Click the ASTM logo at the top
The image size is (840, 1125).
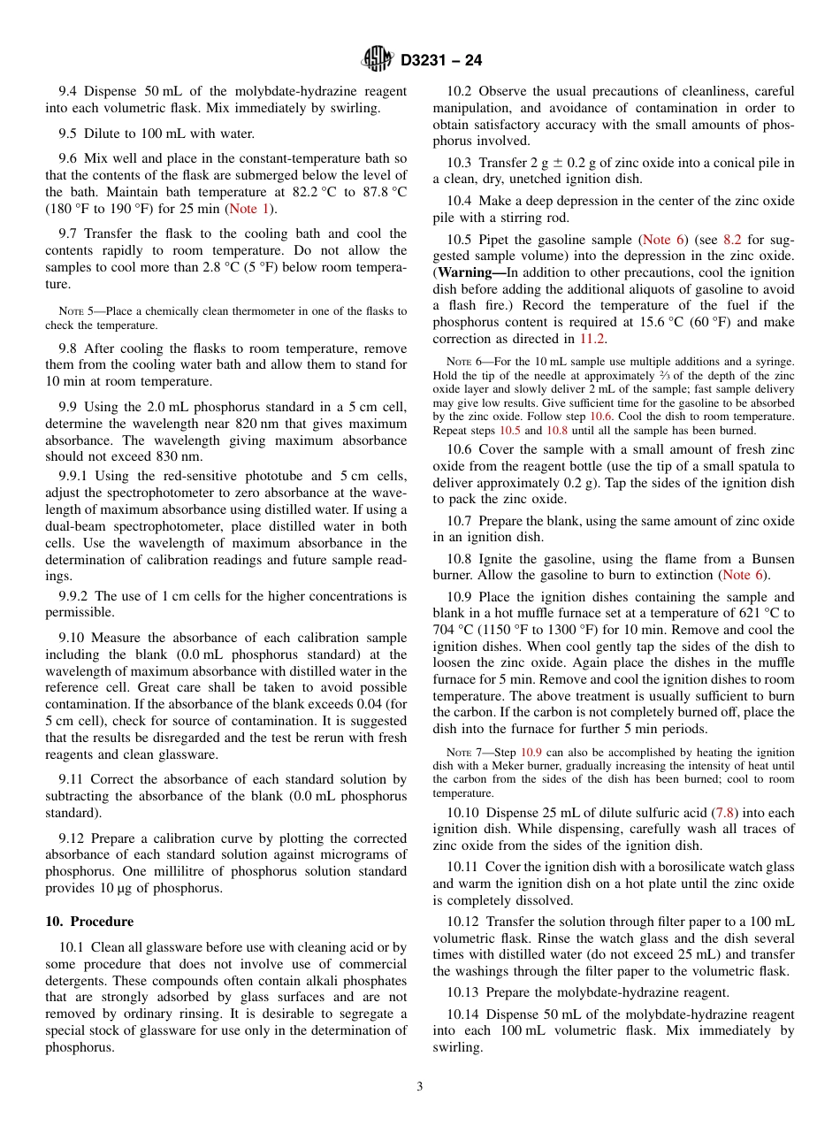coord(378,59)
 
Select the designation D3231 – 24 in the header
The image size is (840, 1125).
coord(441,60)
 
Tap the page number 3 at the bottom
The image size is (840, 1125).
coord(420,1086)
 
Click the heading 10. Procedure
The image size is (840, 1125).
coord(89,921)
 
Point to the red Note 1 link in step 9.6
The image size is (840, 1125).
coord(250,209)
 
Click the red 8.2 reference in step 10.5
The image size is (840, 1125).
coord(733,240)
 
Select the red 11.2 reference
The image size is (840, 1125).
coord(592,339)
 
